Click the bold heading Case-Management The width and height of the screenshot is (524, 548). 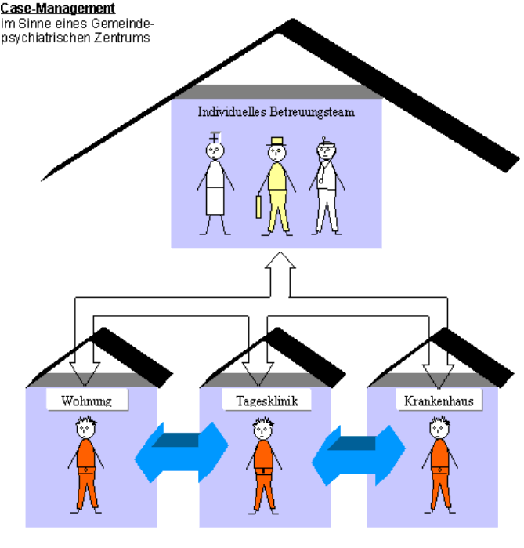pyautogui.click(x=58, y=9)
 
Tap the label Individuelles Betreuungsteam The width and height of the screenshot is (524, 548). pyautogui.click(x=276, y=112)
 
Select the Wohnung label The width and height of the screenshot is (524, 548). pyautogui.click(x=86, y=401)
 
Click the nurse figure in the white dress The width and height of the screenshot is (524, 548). pyautogui.click(x=215, y=185)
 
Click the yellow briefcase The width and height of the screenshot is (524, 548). pyautogui.click(x=258, y=208)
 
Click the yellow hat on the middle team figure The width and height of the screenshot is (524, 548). pyautogui.click(x=276, y=142)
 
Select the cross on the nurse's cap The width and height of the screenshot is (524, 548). pyautogui.click(x=215, y=137)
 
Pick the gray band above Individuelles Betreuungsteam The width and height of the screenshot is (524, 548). pyautogui.click(x=276, y=92)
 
